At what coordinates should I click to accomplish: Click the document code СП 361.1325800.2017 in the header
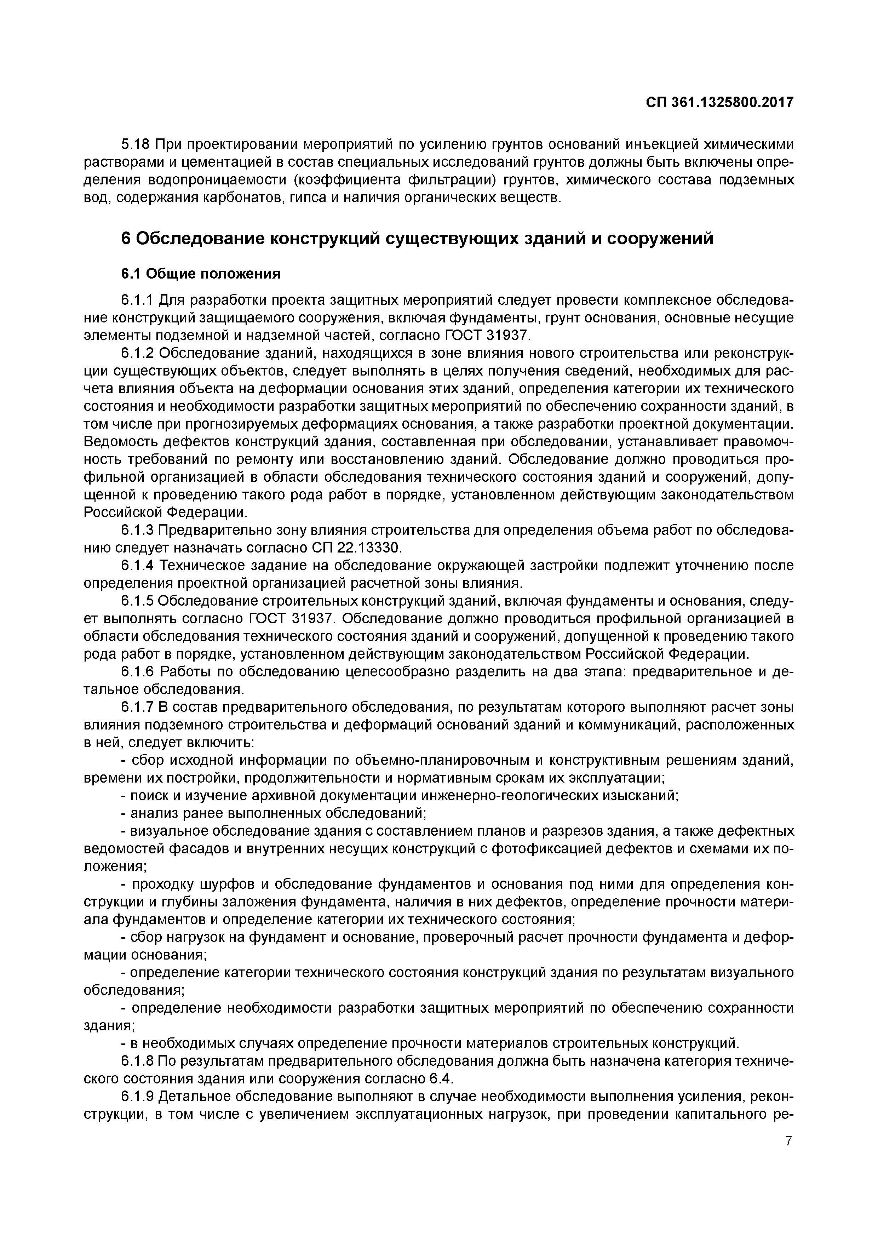point(719,103)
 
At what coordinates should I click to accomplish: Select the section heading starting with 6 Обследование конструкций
point(417,239)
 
